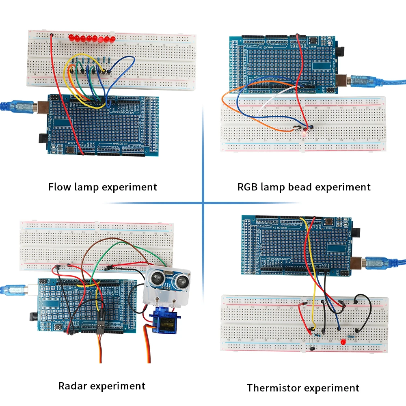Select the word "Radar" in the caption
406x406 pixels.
click(72, 386)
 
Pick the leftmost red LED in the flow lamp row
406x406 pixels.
click(71, 39)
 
